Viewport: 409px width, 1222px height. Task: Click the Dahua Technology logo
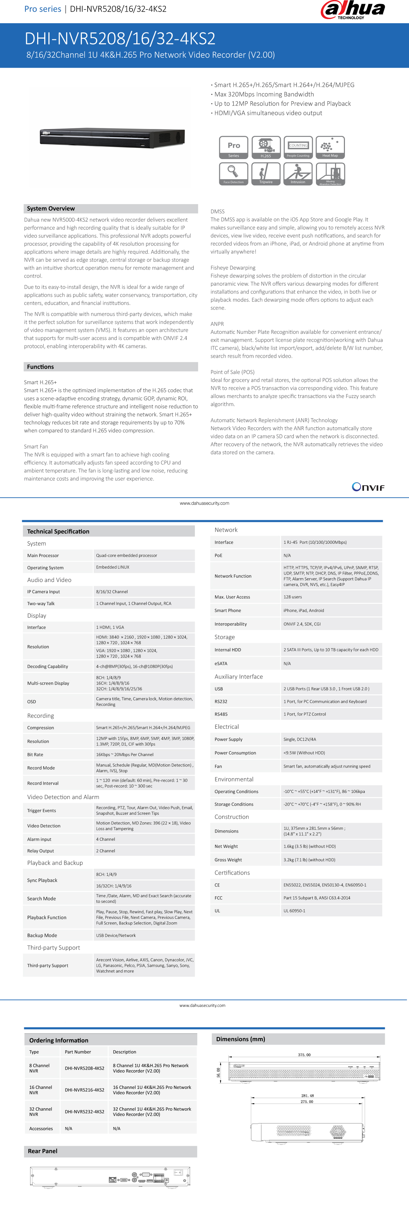[x=353, y=10]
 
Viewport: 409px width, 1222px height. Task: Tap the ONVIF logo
[x=368, y=487]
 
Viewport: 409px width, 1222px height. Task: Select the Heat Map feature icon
[x=330, y=147]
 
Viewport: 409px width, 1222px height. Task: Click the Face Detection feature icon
[x=234, y=174]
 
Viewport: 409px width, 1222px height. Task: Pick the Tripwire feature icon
[x=266, y=174]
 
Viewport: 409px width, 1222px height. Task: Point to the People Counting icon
[x=298, y=147]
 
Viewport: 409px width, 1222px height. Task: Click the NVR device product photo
[x=112, y=138]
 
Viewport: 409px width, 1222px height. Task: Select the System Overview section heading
[x=51, y=208]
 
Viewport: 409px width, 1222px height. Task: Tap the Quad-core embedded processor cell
[x=126, y=555]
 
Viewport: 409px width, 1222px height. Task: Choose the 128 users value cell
[x=292, y=597]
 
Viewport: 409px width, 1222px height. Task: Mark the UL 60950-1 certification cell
[x=294, y=910]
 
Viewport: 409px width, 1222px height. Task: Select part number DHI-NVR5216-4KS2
[x=85, y=1090]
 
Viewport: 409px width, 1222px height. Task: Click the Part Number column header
[x=78, y=1052]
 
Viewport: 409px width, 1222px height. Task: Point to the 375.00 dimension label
[x=304, y=1054]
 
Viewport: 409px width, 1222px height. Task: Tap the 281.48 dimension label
[x=307, y=1095]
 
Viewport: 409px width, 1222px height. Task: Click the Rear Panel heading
[x=43, y=1151]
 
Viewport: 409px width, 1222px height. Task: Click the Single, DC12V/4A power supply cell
[x=300, y=739]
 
